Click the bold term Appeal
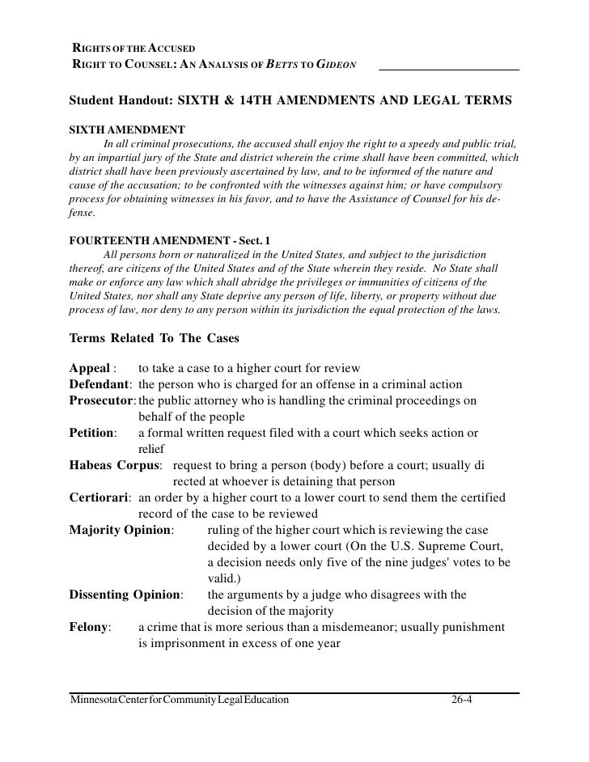90,369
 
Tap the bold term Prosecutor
102,400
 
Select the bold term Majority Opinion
121,531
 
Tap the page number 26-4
462,700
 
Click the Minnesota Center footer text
179,700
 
